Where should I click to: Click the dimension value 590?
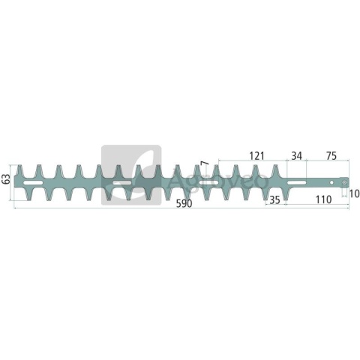[x=184, y=203]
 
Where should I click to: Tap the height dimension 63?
[x=6, y=179]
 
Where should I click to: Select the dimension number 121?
[x=256, y=156]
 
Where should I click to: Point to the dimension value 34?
[x=297, y=156]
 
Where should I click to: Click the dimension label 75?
[x=331, y=156]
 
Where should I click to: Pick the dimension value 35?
[x=274, y=200]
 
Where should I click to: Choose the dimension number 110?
[x=323, y=199]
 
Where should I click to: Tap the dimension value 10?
[x=354, y=193]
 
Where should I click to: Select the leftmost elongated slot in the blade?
[x=33, y=183]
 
